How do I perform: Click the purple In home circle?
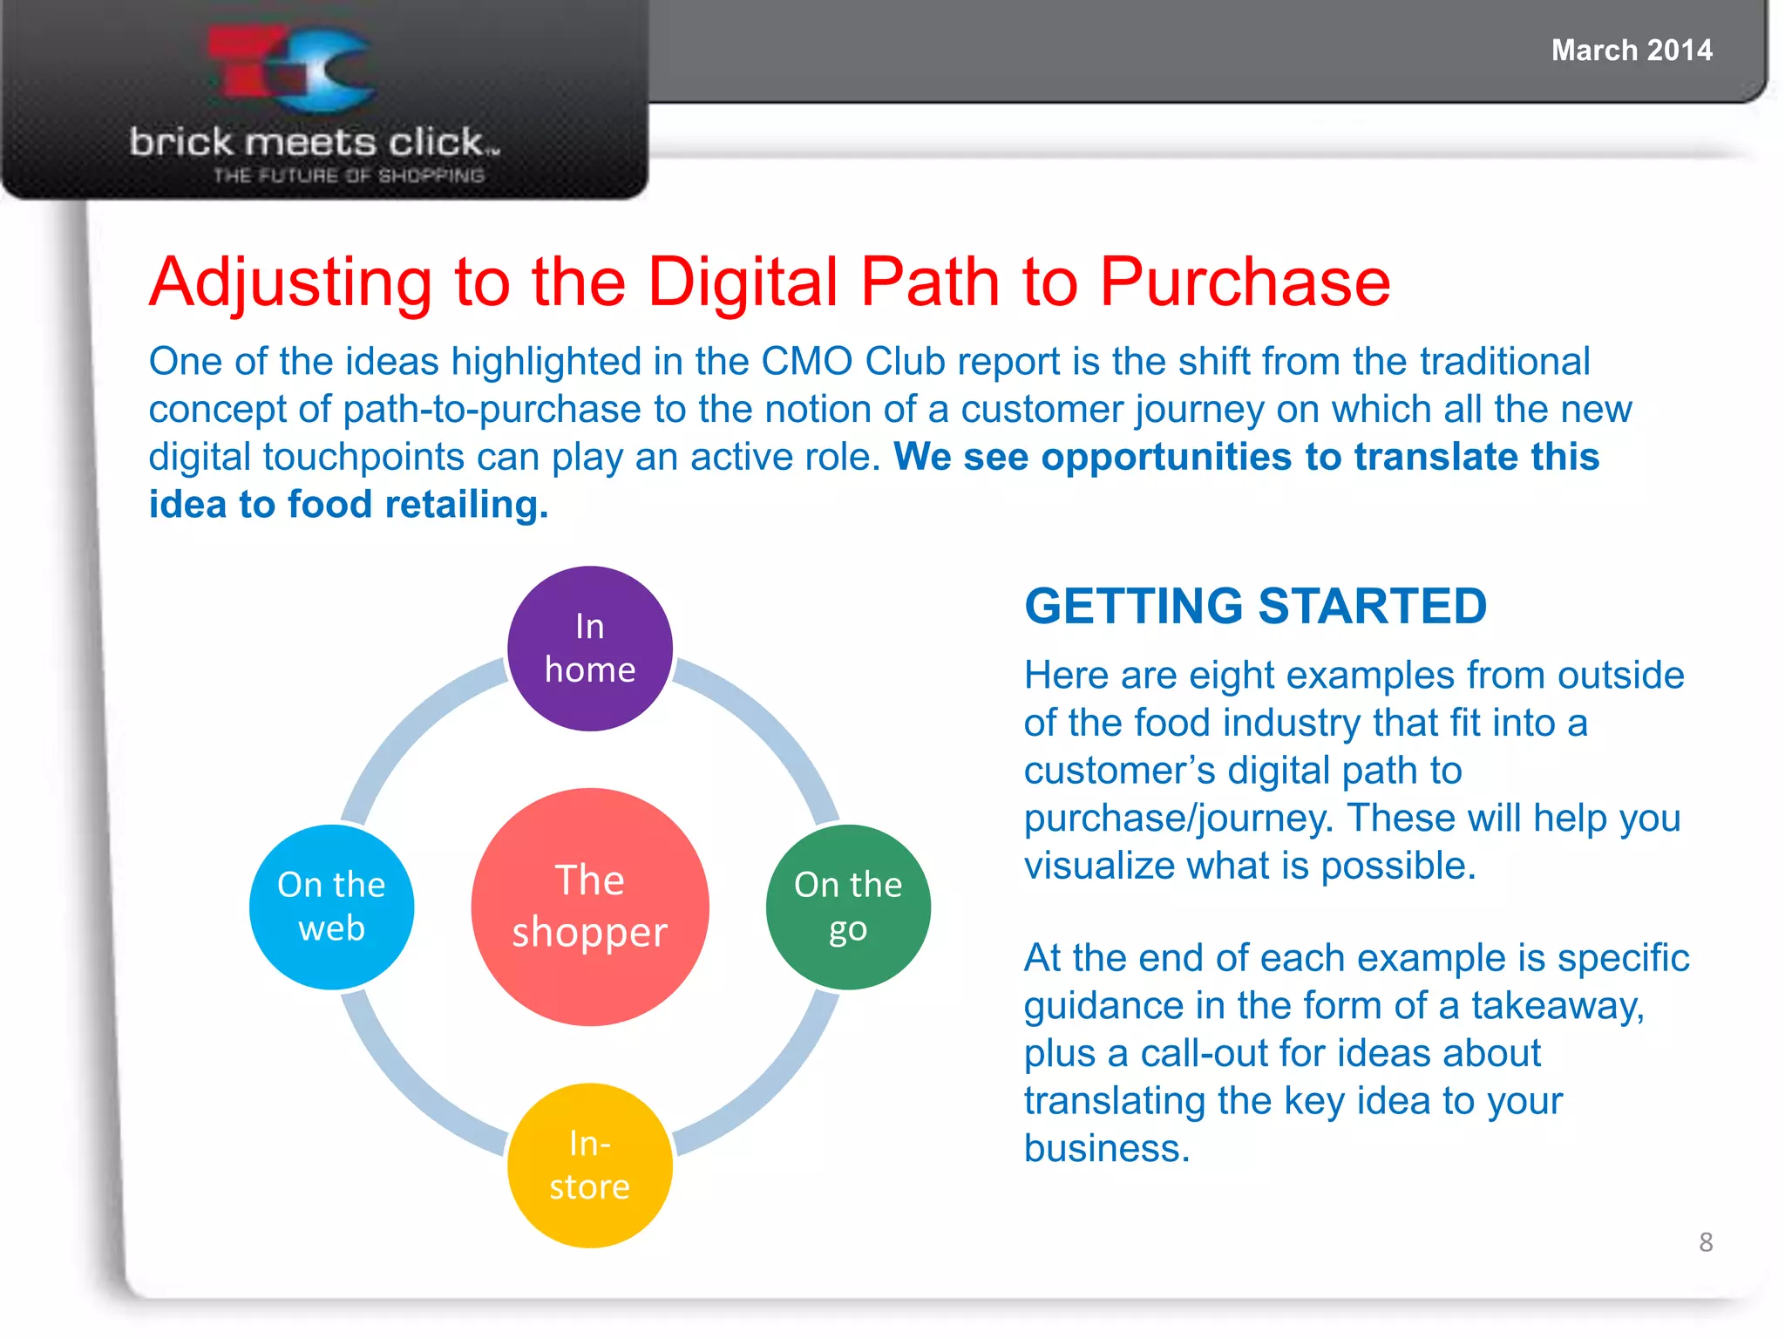pos(590,649)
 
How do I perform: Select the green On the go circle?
pos(848,907)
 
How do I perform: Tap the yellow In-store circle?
pos(590,1165)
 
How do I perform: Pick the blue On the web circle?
pos(331,907)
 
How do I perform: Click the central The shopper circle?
pos(590,907)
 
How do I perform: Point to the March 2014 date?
pos(1632,51)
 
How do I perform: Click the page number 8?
pos(1706,1241)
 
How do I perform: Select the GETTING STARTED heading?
pos(1255,606)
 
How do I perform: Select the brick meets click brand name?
pos(314,142)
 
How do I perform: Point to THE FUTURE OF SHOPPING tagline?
pos(349,175)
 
